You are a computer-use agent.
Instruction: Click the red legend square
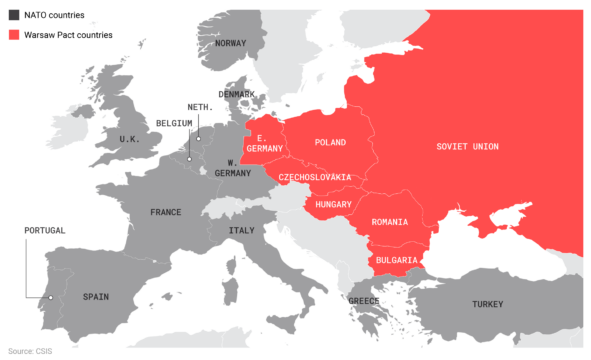click(15, 36)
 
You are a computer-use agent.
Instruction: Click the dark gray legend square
click(15, 16)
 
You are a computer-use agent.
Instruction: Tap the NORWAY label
click(230, 43)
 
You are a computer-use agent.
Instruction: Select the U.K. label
click(130, 139)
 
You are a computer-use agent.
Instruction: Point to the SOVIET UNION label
click(467, 147)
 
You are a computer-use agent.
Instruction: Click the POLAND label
click(330, 143)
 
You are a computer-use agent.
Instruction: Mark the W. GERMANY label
click(232, 167)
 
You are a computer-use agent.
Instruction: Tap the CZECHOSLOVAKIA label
click(315, 177)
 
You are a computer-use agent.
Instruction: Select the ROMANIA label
click(389, 221)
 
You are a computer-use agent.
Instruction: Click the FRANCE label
click(166, 212)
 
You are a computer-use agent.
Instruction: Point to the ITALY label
click(242, 230)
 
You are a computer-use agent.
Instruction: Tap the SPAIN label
click(96, 296)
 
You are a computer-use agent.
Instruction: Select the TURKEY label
click(488, 304)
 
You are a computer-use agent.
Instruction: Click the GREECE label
click(363, 300)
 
